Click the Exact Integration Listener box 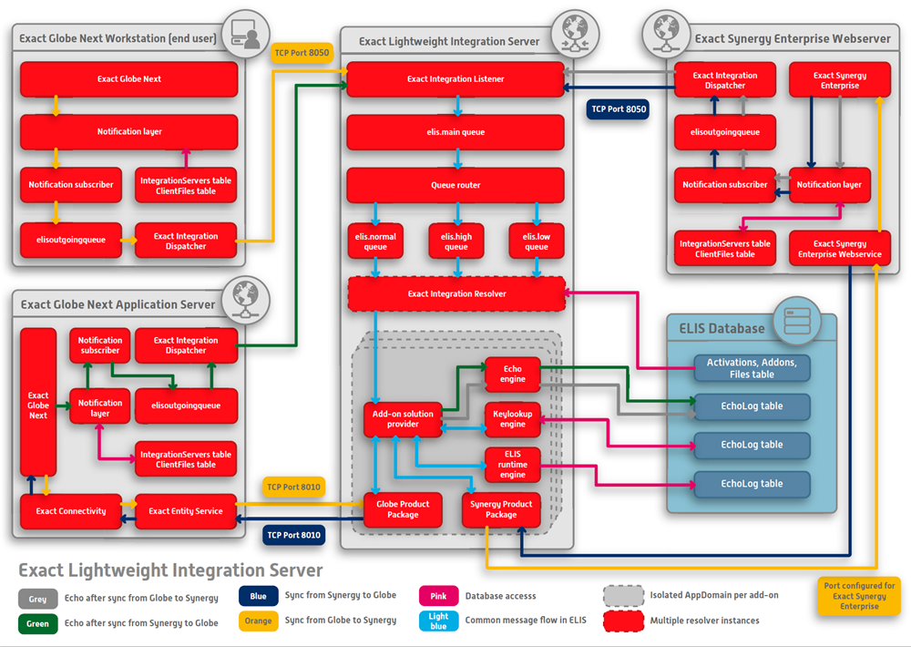455,79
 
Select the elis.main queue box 455,132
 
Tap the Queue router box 455,185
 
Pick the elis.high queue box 456,241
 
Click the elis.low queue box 537,241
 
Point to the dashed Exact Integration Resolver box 456,293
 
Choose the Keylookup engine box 512,419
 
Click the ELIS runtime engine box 512,465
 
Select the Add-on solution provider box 403,419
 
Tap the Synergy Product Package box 501,509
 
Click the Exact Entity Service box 186,511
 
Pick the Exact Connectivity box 71,511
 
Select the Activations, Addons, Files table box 752,368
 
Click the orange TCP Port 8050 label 302,53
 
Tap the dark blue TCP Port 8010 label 294,535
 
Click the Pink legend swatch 439,596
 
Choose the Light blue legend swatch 439,621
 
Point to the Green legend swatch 37,623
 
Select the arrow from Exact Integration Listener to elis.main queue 458,106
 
